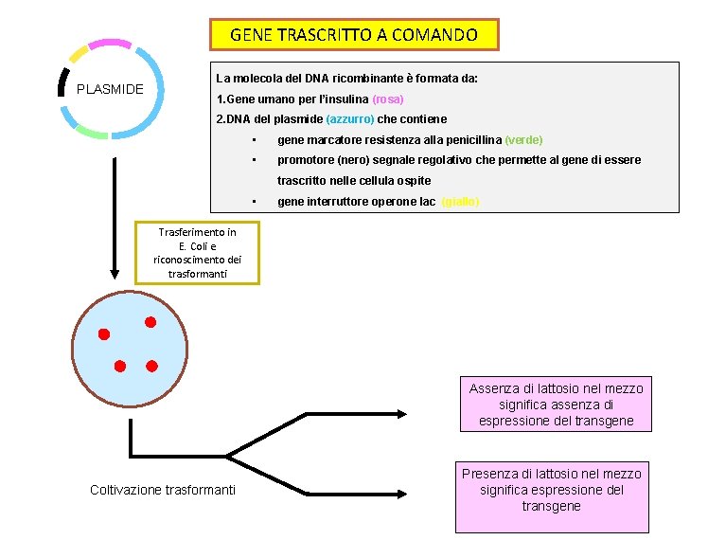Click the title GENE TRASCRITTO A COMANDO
354,35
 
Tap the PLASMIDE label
110,90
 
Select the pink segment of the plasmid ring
111,44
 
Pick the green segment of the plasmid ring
92,133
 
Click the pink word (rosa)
388,99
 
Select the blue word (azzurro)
350,119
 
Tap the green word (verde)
523,139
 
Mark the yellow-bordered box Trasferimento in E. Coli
197,252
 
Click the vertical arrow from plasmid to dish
115,218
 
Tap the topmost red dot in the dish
150,323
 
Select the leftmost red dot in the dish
104,334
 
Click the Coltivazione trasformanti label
163,490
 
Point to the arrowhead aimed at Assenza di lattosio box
401,413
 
